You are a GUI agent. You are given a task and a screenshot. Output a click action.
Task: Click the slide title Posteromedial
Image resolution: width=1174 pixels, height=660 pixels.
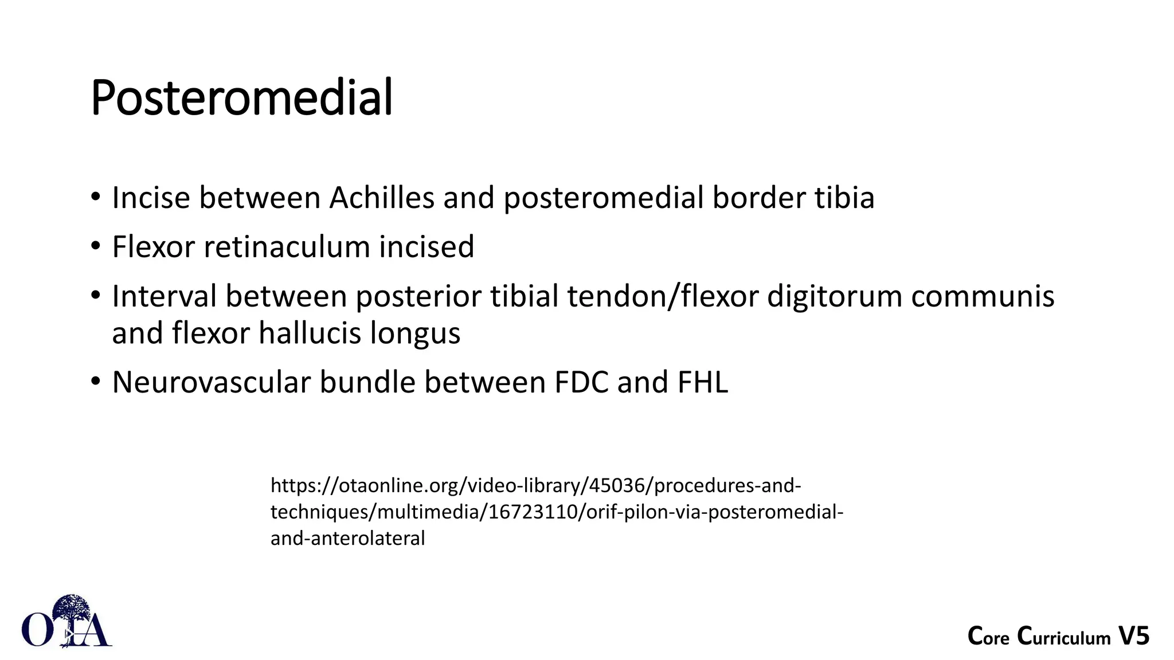point(241,98)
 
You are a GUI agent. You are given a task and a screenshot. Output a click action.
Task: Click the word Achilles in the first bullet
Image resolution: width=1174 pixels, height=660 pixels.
point(382,198)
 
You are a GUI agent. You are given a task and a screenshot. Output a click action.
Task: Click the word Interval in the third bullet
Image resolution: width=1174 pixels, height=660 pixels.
point(164,297)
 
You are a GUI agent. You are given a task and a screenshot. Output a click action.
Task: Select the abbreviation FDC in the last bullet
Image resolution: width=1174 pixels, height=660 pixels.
point(581,382)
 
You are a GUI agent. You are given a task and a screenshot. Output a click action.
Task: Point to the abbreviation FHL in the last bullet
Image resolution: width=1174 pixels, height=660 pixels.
point(703,382)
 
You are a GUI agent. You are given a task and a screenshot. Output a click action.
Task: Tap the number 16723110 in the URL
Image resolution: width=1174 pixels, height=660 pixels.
point(534,512)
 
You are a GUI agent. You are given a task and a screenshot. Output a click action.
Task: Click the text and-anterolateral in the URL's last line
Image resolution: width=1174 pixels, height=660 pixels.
point(347,539)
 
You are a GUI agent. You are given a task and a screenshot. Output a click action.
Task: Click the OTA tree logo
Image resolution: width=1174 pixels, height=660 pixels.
point(67,622)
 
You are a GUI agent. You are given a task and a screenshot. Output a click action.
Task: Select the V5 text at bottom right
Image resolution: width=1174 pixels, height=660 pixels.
point(1134,637)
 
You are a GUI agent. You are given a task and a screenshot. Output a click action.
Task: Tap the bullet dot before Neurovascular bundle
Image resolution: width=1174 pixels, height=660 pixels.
point(96,381)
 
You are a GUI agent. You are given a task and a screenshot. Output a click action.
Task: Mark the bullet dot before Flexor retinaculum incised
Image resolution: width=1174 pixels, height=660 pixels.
point(96,246)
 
